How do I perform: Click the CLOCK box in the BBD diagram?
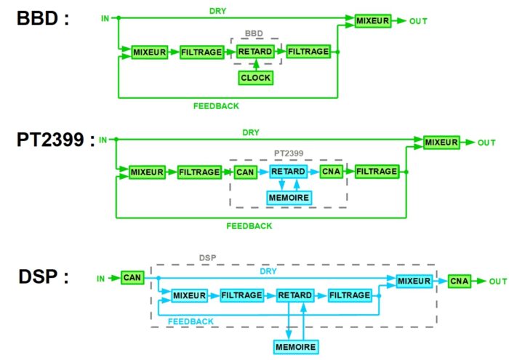pos(256,78)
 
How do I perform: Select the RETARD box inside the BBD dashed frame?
pos(255,52)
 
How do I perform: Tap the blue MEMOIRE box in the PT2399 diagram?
pos(289,198)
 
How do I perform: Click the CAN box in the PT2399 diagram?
pos(246,172)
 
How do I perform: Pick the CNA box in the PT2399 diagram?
pos(332,172)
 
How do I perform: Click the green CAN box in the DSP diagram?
pos(132,278)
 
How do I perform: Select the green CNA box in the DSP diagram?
pos(460,281)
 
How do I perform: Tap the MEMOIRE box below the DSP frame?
pos(296,347)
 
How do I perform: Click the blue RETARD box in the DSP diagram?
pos(295,295)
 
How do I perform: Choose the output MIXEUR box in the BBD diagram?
pos(373,21)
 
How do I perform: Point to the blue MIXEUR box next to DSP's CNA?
pos(414,281)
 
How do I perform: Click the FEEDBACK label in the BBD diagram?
pos(216,106)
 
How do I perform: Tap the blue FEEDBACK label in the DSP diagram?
pos(191,321)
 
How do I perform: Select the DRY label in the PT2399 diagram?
pos(251,132)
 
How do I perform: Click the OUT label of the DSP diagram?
pos(498,281)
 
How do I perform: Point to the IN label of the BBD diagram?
pos(105,18)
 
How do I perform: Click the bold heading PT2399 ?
pos(56,140)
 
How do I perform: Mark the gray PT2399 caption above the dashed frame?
pos(289,153)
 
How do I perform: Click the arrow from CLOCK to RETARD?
pos(256,65)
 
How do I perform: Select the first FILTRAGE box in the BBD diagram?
pos(201,52)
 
